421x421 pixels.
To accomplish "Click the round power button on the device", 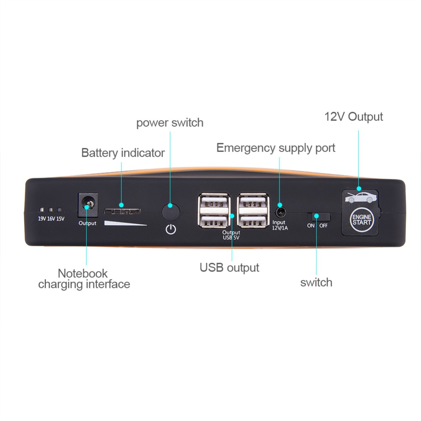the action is click(x=171, y=212).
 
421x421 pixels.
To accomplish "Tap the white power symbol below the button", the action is click(x=171, y=229).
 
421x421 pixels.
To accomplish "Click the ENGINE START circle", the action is click(x=361, y=220).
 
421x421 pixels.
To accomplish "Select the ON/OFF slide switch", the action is click(x=318, y=216).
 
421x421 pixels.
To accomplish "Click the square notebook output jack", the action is click(x=88, y=205).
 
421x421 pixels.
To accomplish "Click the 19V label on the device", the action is click(x=42, y=218).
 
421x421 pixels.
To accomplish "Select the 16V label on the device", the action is click(x=51, y=218).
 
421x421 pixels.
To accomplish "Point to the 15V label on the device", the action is click(x=60, y=218).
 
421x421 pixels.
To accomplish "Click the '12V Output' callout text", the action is click(x=354, y=117).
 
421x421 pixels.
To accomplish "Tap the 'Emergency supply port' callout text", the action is click(x=276, y=148).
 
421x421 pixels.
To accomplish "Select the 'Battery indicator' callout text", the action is click(x=123, y=153).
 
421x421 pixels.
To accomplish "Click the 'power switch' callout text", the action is click(x=170, y=123).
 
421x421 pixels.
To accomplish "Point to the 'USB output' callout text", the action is click(x=229, y=268).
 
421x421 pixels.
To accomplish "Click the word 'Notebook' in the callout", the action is click(x=83, y=274).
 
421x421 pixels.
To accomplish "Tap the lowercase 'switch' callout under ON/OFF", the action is click(x=316, y=282).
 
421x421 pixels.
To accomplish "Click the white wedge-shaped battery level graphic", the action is click(x=125, y=223).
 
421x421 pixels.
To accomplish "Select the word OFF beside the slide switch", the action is click(x=323, y=226).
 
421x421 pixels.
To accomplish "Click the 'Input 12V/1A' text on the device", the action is click(x=280, y=225).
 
